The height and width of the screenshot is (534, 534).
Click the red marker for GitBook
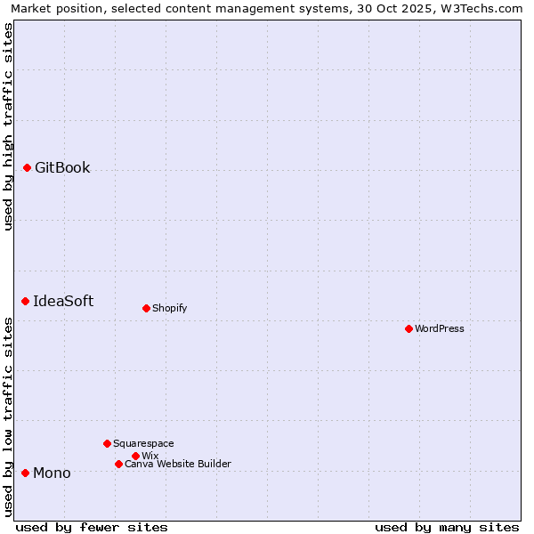(27, 167)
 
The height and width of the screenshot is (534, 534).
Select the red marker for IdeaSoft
(25, 301)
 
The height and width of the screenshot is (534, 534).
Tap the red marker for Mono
(25, 473)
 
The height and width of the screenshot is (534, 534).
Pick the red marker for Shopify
(146, 308)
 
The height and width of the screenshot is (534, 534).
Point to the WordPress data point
(409, 328)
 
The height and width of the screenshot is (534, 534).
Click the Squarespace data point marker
(107, 443)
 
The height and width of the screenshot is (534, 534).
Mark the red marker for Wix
(135, 456)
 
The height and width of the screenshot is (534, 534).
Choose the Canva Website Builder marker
(118, 464)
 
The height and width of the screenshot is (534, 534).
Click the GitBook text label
(62, 167)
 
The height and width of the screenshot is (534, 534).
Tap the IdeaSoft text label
(63, 301)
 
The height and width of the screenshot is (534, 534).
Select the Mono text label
(52, 473)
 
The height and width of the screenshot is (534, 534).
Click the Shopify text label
(169, 308)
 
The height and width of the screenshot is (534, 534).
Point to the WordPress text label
(440, 328)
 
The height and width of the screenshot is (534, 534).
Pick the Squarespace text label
(143, 443)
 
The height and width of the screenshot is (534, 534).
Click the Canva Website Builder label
(178, 464)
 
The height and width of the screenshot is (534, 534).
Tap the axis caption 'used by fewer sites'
(92, 527)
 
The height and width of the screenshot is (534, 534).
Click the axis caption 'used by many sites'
(447, 527)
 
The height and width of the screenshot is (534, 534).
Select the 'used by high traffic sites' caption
(8, 126)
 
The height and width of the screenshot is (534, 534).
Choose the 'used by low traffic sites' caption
(8, 417)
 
